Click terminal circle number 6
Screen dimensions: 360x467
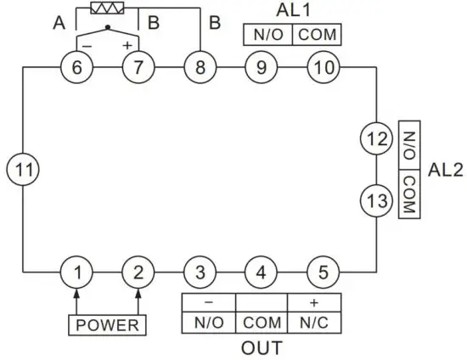(77, 68)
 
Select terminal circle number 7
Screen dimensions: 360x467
(137, 68)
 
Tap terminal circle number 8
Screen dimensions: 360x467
(200, 68)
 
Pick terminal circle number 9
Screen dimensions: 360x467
(261, 68)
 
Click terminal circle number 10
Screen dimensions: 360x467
(322, 68)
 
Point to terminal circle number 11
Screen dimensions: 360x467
(23, 170)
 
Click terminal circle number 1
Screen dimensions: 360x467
(77, 273)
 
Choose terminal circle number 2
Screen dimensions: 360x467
(137, 273)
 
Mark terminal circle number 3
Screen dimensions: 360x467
(200, 273)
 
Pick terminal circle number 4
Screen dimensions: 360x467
(261, 273)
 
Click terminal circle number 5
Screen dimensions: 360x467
(322, 273)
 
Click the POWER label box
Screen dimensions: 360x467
(107, 324)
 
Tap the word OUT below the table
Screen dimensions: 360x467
(262, 348)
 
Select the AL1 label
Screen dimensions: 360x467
(292, 10)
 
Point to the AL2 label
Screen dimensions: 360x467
(446, 169)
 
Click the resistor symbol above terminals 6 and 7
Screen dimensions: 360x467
(108, 8)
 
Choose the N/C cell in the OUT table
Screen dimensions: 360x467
(314, 323)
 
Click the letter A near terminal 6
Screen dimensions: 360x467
(59, 23)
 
